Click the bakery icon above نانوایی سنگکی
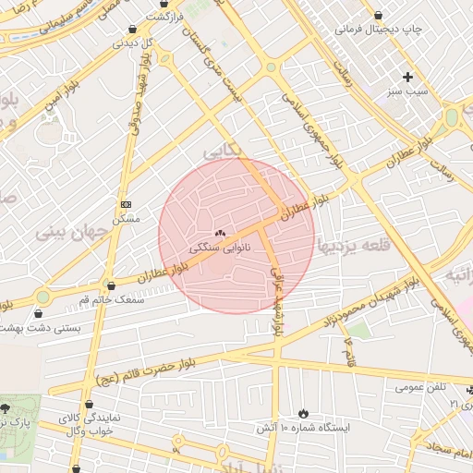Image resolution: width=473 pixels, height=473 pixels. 220,234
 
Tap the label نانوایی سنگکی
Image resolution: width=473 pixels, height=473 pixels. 220,249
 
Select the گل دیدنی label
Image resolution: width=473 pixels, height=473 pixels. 135,42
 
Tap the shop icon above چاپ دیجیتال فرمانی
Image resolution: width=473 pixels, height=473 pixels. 381,15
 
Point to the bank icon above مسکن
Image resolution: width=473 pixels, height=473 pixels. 126,204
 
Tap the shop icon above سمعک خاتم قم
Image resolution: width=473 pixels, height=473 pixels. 111,286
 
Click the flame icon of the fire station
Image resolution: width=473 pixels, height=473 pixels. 303,413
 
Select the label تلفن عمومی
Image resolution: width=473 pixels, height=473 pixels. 421,386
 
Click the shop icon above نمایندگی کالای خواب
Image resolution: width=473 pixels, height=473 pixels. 89,405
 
